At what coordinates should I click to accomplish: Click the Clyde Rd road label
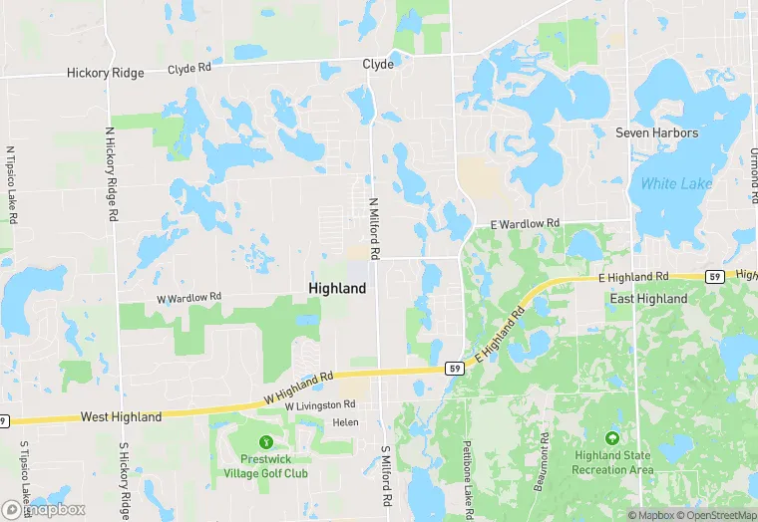(x=189, y=70)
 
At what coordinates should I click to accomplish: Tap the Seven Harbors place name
(x=656, y=132)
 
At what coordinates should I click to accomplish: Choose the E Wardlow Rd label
(x=526, y=224)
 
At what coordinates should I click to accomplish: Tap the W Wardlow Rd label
(x=189, y=297)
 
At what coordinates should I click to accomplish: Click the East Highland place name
(x=648, y=298)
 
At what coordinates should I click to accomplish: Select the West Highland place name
(x=121, y=417)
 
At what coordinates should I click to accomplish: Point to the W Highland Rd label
(x=297, y=387)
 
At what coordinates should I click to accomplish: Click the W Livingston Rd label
(x=320, y=405)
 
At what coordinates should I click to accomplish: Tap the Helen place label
(x=345, y=422)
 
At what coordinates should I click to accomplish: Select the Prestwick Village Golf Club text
(x=264, y=466)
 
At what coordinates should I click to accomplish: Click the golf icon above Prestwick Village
(x=264, y=441)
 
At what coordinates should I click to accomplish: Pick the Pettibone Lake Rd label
(x=468, y=478)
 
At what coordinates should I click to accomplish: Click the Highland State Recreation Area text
(x=612, y=462)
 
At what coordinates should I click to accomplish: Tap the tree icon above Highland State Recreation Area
(x=612, y=437)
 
